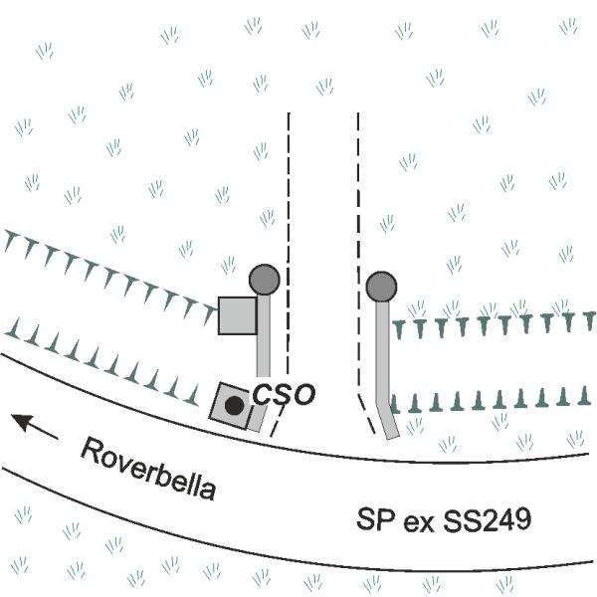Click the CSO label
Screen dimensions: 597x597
284,394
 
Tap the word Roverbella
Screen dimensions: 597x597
148,469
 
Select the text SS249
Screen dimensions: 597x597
487,519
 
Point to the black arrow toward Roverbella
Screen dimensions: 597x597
34,427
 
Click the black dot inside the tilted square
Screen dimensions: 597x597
234,406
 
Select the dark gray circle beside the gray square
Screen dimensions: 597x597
265,280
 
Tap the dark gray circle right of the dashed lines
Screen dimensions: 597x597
381,287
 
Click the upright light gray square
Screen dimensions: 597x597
237,316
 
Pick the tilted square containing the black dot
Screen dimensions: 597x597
231,406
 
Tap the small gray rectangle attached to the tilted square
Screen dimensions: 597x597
257,418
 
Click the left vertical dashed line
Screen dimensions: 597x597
289,244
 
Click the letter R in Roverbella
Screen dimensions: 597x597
91,450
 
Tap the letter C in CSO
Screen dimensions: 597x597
262,394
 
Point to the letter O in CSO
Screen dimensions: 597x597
305,395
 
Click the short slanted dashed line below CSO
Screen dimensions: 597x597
277,421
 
